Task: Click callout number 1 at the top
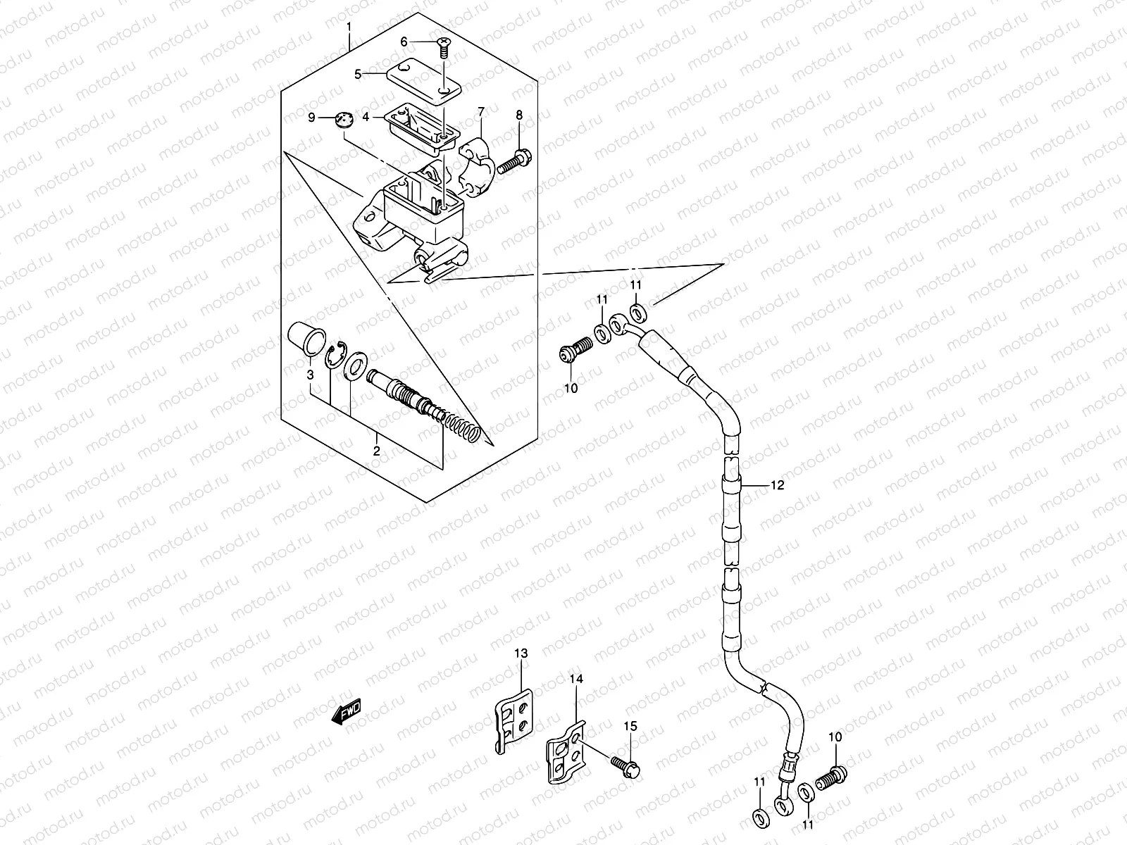click(x=349, y=27)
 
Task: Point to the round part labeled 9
click(x=343, y=120)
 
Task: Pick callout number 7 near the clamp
click(x=481, y=111)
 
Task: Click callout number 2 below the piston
click(x=376, y=451)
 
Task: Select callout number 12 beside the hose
click(x=777, y=485)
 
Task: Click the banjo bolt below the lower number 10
click(x=832, y=779)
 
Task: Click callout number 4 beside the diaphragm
click(x=385, y=118)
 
